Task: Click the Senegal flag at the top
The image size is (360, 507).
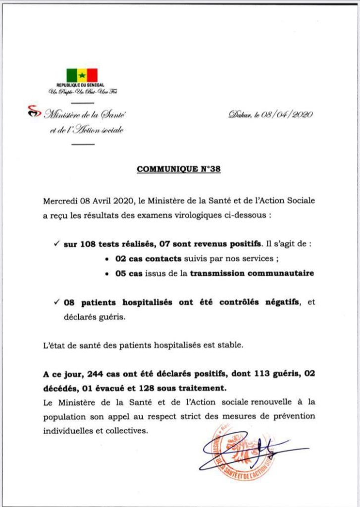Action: tap(82, 75)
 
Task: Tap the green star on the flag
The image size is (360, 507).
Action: tap(82, 75)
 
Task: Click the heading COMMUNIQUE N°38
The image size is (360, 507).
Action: tap(179, 169)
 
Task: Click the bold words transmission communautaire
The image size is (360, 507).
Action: tap(253, 273)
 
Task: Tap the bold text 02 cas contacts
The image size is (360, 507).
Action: tap(145, 258)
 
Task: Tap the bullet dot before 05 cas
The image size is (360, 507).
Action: tap(108, 273)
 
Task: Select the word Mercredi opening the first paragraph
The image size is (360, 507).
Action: tap(60, 202)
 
